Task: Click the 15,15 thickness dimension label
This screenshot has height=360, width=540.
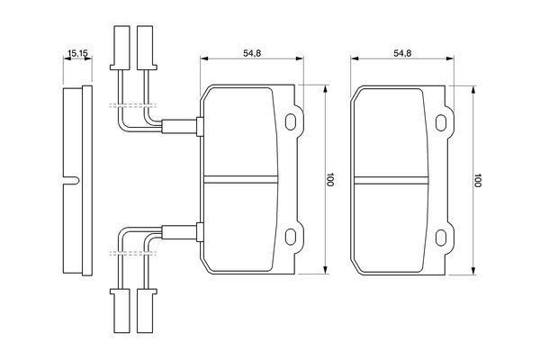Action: click(78, 53)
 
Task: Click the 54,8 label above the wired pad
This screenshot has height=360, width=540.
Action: click(252, 53)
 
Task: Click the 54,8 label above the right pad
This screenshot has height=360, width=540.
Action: click(402, 53)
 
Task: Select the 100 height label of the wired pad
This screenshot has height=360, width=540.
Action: click(330, 179)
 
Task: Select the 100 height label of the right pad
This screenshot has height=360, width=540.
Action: click(477, 180)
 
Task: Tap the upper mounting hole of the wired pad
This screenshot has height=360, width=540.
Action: click(291, 121)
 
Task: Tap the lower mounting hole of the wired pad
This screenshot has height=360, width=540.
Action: click(291, 237)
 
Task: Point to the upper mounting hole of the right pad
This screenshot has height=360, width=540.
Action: click(441, 122)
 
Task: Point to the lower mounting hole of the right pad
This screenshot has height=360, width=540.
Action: click(441, 238)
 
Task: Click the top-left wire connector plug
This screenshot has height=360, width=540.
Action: click(120, 48)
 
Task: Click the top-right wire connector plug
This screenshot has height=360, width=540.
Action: click(147, 48)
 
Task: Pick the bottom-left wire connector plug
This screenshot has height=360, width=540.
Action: click(120, 310)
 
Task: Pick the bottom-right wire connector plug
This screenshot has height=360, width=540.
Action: click(147, 310)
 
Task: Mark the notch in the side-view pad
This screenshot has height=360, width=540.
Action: click(72, 180)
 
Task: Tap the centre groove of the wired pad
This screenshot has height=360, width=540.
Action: click(240, 179)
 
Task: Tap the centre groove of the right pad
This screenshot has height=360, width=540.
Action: click(391, 180)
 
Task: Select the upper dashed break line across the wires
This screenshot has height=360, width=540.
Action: click(133, 105)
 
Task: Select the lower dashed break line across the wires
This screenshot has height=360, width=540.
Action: click(133, 254)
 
